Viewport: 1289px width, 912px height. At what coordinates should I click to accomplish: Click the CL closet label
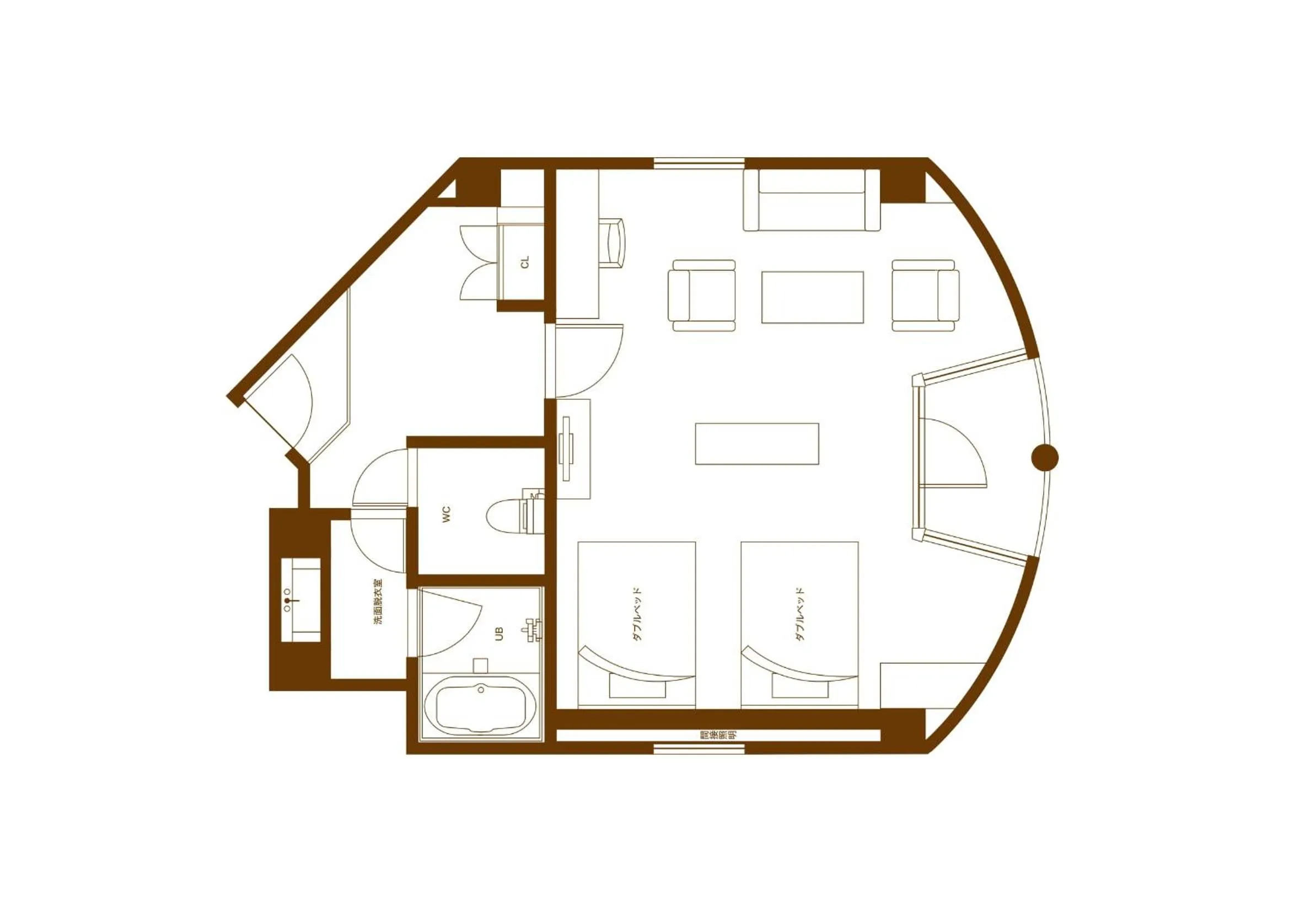[x=525, y=262]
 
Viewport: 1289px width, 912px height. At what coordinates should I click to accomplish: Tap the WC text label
[x=447, y=514]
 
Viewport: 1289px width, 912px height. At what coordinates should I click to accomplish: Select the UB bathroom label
[x=499, y=634]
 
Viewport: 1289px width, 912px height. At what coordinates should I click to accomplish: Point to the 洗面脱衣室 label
[x=380, y=603]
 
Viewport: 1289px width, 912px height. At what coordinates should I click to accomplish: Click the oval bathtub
[x=480, y=704]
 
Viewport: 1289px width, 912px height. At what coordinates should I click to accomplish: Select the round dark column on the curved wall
[x=1045, y=457]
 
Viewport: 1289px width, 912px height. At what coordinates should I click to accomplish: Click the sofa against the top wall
[x=811, y=201]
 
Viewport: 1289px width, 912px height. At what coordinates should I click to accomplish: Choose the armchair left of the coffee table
[x=702, y=296]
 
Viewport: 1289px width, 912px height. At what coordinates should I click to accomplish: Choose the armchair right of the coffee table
[x=925, y=296]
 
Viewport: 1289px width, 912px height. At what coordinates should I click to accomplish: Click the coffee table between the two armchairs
[x=812, y=297]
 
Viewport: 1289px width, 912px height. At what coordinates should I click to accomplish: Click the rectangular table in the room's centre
[x=757, y=444]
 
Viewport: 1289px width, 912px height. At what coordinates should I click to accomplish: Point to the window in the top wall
[x=699, y=163]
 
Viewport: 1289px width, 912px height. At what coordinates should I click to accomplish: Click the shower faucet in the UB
[x=533, y=631]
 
